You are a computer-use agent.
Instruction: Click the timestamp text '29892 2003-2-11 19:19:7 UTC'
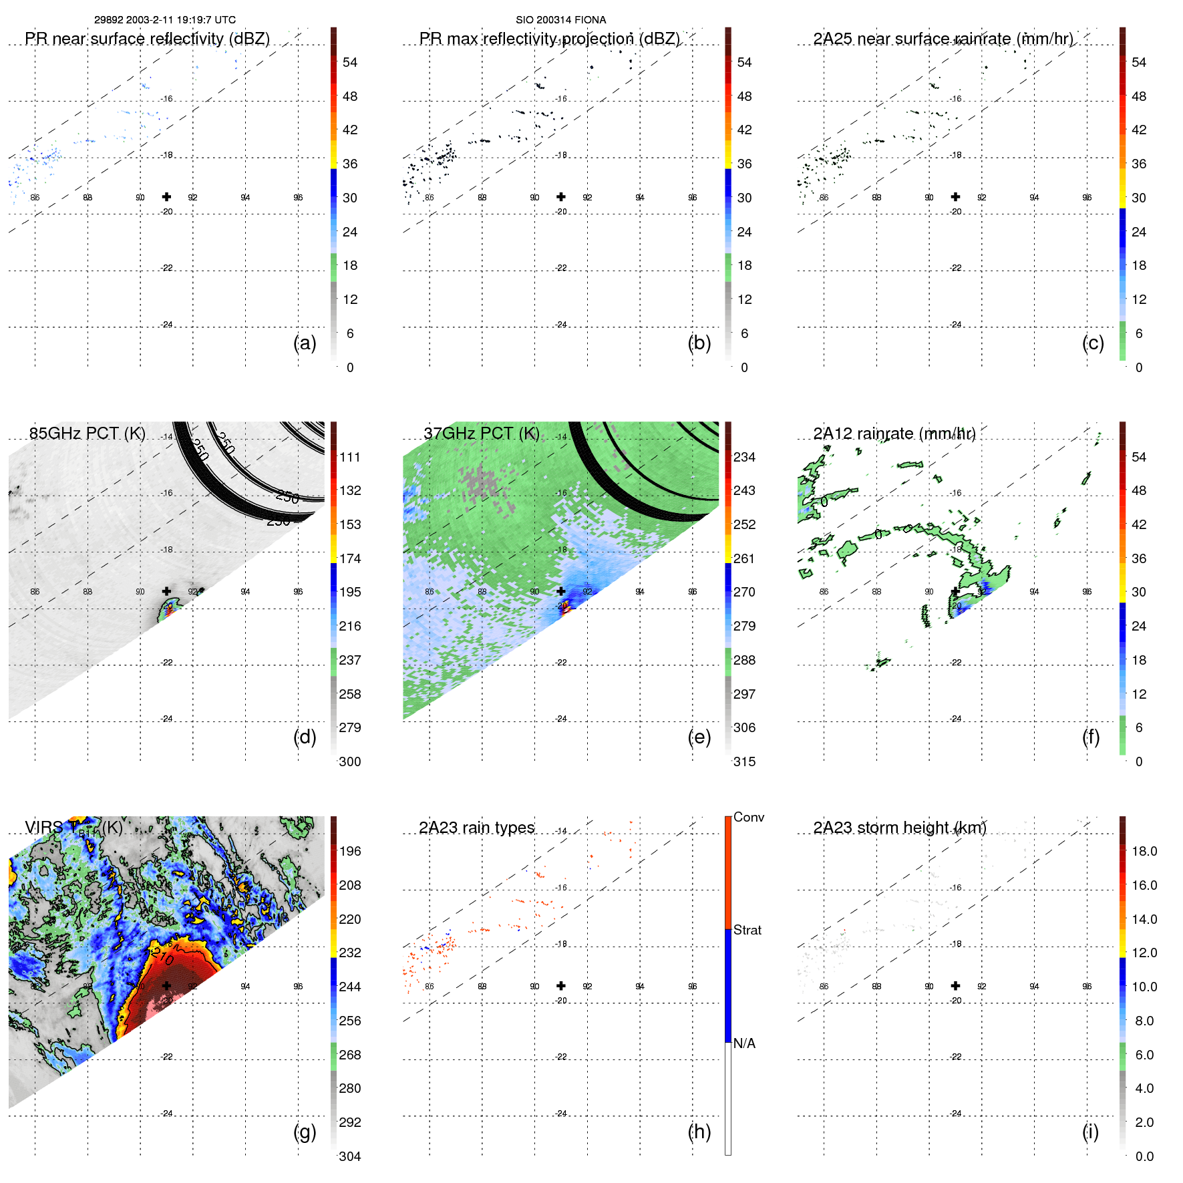pos(164,20)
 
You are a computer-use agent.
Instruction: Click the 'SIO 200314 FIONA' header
pos(560,20)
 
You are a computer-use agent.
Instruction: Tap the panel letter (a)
pos(305,343)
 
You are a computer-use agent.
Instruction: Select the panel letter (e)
pos(699,737)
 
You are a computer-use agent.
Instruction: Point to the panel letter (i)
pos(1090,1132)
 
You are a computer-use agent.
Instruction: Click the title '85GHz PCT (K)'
pos(87,434)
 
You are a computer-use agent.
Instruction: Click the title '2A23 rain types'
pos(476,828)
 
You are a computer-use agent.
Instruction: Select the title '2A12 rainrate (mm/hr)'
pos(894,434)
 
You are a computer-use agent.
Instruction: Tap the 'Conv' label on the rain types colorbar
pos(748,817)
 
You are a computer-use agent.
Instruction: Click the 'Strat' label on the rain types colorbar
pos(747,930)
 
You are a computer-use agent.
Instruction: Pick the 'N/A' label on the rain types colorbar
pos(744,1043)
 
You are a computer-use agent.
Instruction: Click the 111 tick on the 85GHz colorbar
pos(350,457)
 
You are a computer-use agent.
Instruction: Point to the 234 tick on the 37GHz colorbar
pos(744,457)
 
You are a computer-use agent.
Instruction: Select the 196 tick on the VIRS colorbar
pos(350,851)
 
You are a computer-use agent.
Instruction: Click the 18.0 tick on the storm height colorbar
pos(1144,851)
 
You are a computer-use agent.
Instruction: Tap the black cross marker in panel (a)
pos(166,196)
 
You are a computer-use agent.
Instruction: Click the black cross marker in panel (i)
pos(955,985)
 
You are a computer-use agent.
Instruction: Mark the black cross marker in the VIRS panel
pos(166,985)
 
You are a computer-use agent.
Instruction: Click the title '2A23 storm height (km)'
pos(899,828)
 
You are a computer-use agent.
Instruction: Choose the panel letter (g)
pos(305,1132)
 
